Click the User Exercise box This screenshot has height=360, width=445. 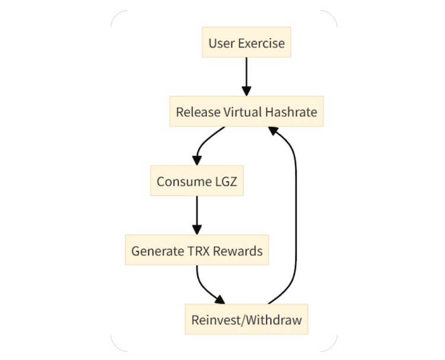[x=246, y=43]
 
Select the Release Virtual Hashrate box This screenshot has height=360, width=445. [x=246, y=111]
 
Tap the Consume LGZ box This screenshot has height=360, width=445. [x=196, y=181]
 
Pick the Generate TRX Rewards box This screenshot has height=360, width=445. [x=196, y=251]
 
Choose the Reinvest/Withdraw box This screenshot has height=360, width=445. [x=246, y=320]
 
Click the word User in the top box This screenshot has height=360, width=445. [x=220, y=43]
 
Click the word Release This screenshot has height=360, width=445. [x=195, y=111]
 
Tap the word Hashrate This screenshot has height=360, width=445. [x=288, y=111]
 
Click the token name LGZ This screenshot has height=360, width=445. [x=224, y=181]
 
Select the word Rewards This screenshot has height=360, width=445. [x=239, y=251]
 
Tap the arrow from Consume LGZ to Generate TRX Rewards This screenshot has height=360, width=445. [x=196, y=215]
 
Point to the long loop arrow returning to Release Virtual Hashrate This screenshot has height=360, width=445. [x=295, y=219]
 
